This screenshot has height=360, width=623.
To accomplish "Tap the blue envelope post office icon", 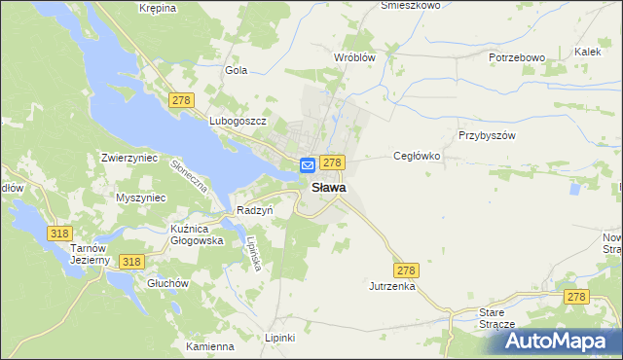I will coord(307,166).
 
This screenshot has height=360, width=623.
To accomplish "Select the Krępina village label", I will coord(157,8).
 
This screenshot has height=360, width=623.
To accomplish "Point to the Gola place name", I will coord(237,70).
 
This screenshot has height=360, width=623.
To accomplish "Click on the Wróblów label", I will coord(354,57).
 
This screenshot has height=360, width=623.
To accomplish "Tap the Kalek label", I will coord(587,51).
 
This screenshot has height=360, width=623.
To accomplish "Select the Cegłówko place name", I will coord(418,156).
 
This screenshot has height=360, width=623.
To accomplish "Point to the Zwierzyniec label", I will coord(130,157).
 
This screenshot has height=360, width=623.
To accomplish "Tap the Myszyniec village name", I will coord(141,198).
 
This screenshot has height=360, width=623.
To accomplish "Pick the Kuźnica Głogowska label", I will coord(197,234).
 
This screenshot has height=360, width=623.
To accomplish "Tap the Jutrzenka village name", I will coord(392,287).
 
